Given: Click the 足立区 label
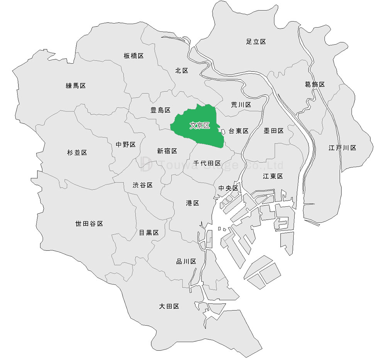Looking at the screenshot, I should pos(256,42).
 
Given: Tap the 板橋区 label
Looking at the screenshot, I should pos(134,56).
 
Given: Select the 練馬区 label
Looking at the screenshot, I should pos(76,86).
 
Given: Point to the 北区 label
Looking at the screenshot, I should pos(181,71).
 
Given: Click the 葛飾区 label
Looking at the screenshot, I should pos(315,84).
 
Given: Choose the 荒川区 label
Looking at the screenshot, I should pos(241,105).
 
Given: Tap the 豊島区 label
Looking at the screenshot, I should pos(160,110).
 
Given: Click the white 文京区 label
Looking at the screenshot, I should pos(200,126).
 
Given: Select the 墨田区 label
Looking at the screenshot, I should pos(273,131).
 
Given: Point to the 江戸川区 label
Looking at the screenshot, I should pos(342,148).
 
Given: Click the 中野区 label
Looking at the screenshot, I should pos(126,145).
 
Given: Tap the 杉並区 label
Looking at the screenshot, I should pos(77,153).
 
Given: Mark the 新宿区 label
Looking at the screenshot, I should pos(167,151).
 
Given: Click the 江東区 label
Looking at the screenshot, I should pos(273,176).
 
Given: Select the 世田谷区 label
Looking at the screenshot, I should pos(89,224).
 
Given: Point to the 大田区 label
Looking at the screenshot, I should pos(169,306).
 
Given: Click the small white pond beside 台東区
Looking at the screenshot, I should pos(223,132).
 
